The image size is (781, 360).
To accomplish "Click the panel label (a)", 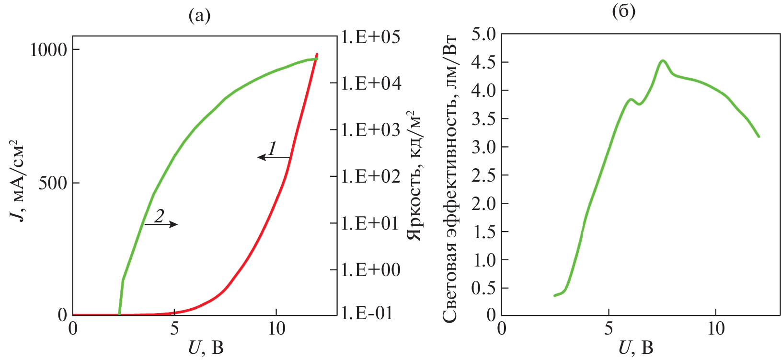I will click(x=199, y=16).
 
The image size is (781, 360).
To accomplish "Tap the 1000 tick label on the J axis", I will click(x=48, y=49).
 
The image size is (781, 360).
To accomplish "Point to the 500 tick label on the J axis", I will click(x=52, y=183).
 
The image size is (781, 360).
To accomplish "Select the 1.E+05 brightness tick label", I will click(x=370, y=37).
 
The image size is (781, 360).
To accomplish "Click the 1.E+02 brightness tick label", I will click(x=370, y=176).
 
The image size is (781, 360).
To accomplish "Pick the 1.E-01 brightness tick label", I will click(x=367, y=313).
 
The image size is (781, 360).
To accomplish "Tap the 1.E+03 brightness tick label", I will click(x=370, y=130).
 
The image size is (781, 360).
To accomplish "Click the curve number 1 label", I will click(x=272, y=148).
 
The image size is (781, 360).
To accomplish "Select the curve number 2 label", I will click(x=160, y=216).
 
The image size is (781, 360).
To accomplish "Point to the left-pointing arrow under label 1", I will click(x=274, y=157).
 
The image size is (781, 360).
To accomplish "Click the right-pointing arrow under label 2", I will click(x=161, y=224).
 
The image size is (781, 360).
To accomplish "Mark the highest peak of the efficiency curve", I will click(x=663, y=60).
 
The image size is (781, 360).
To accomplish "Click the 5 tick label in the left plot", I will click(x=174, y=329).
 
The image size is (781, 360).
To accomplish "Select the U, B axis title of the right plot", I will click(x=635, y=347).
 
